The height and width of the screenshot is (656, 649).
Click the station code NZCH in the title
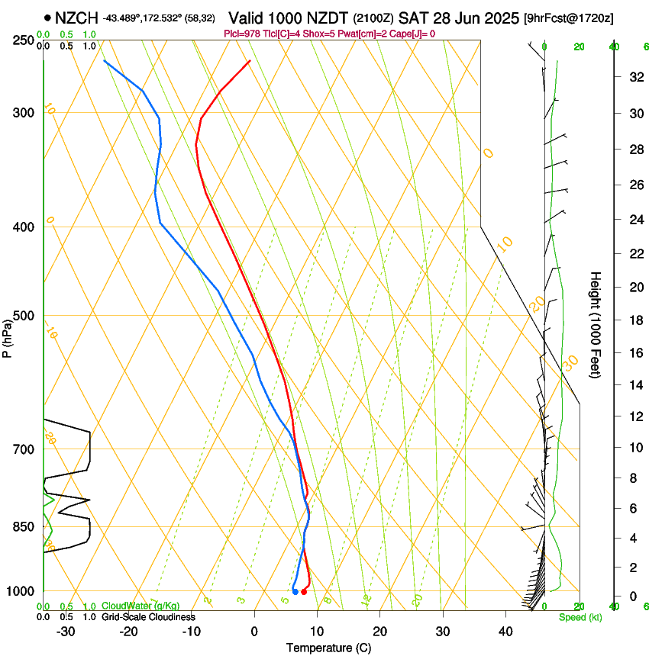(x=76, y=17)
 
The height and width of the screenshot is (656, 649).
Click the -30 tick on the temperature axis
(x=66, y=632)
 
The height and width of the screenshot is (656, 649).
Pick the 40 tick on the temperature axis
(x=505, y=632)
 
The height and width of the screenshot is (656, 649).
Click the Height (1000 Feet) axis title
(x=596, y=324)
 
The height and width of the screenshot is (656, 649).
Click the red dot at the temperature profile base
(x=304, y=591)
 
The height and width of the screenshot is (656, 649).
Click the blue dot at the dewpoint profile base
(x=295, y=591)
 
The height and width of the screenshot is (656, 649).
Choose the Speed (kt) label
(x=580, y=617)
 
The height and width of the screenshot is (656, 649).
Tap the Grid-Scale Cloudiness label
(x=148, y=617)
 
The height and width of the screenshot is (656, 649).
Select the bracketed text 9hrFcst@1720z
(x=569, y=17)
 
